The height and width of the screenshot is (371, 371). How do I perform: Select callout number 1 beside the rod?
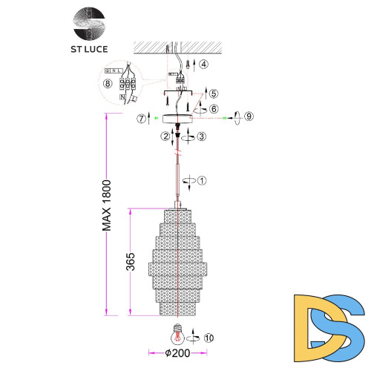pos(203,179)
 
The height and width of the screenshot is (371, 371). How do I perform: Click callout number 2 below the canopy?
pos(165,135)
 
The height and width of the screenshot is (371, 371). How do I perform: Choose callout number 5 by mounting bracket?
pos(213,94)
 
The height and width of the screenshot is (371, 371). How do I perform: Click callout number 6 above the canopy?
pos(214,108)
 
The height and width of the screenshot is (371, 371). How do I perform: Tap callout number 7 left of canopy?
pos(141,117)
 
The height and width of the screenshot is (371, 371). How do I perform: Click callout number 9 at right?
pos(249,116)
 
